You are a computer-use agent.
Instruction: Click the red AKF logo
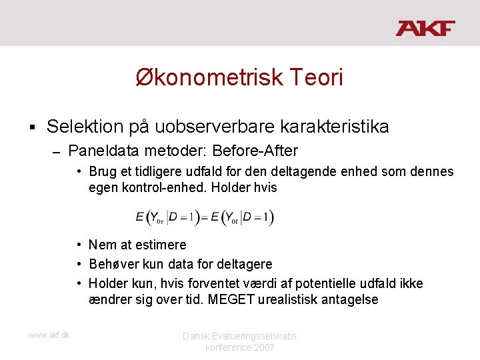click(x=425, y=28)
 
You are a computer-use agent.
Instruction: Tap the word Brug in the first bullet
click(x=102, y=171)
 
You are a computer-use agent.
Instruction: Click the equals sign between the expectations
click(x=204, y=217)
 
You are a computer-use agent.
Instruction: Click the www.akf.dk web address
click(x=49, y=335)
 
